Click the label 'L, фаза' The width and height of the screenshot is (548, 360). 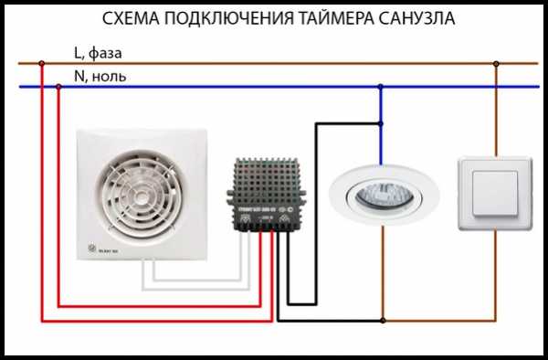98,54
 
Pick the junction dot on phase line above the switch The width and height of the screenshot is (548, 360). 495,64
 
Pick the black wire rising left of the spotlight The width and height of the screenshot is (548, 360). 316,183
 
